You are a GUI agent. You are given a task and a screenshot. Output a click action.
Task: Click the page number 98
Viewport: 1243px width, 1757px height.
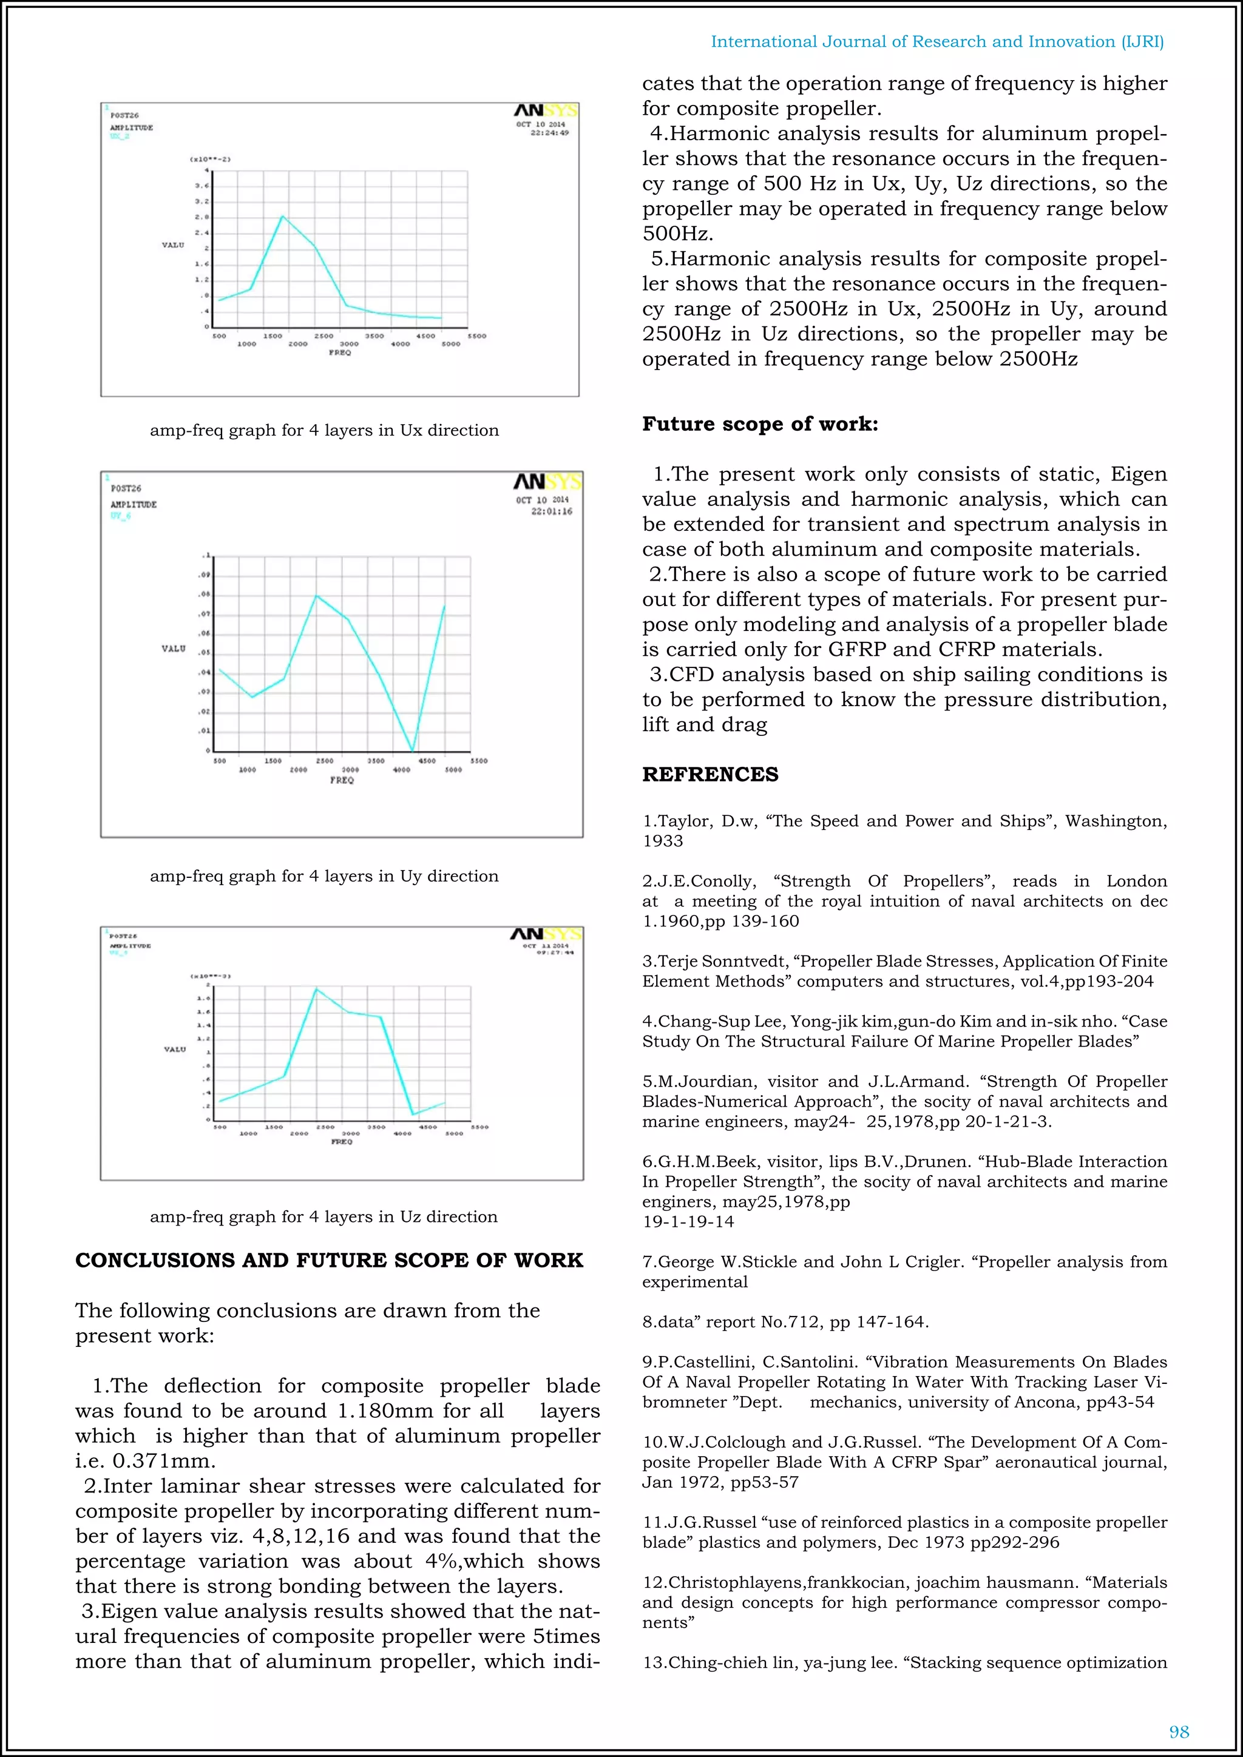[x=1179, y=1732]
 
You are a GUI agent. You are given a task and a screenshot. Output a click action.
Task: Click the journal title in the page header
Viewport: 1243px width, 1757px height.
[x=937, y=42]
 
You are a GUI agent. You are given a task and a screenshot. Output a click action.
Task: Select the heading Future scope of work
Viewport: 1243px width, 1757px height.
[x=759, y=424]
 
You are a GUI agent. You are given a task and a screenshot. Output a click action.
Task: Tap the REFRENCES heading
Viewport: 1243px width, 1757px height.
[x=710, y=774]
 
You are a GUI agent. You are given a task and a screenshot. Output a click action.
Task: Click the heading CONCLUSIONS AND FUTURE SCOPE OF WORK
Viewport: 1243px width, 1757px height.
[x=329, y=1260]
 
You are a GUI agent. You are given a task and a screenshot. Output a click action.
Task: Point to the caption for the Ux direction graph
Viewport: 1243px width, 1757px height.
[x=323, y=430]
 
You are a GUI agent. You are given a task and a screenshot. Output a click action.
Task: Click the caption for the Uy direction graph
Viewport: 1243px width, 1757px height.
[x=323, y=876]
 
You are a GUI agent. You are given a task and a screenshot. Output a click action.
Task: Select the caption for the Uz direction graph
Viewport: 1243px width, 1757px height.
[x=323, y=1217]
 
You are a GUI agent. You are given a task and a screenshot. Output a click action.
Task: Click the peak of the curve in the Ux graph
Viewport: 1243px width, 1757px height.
[x=282, y=217]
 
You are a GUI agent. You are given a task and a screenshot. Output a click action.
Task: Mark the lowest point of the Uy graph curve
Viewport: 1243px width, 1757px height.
[x=413, y=750]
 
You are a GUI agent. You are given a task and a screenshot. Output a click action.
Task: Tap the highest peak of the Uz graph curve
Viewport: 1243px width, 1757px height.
[x=317, y=989]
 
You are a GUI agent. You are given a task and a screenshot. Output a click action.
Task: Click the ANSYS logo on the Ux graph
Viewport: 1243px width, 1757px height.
[x=546, y=111]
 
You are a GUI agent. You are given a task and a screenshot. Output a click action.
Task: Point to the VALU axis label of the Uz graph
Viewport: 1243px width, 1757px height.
[x=175, y=1049]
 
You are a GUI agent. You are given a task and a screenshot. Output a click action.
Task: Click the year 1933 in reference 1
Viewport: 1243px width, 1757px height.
[x=662, y=841]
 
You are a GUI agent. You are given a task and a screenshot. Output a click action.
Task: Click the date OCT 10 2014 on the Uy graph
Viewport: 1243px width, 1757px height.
[x=542, y=500]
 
